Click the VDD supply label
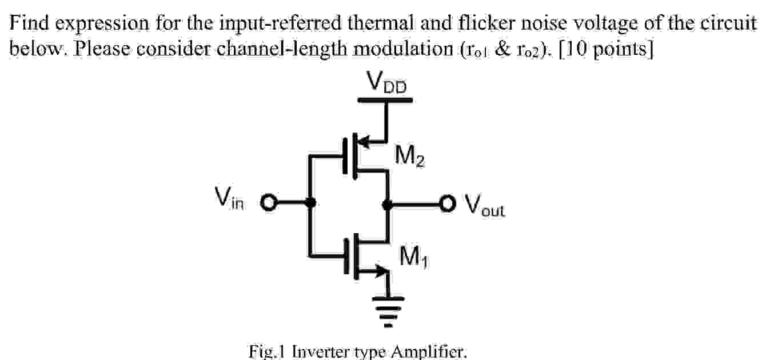pos(386,83)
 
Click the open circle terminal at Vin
pos(268,202)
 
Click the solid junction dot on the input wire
pos(310,202)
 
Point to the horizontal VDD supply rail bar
pos(385,100)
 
